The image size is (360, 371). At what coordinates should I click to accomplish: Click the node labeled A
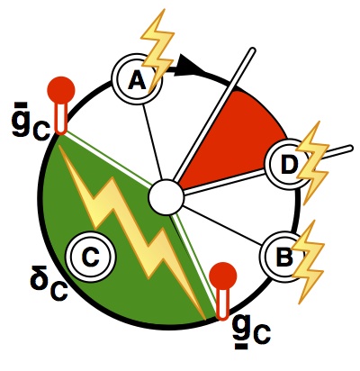(x=137, y=79)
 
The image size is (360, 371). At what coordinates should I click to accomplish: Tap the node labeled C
(x=93, y=256)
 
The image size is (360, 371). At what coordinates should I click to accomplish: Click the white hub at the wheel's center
(x=166, y=197)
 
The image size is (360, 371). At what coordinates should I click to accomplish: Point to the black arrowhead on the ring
(x=192, y=66)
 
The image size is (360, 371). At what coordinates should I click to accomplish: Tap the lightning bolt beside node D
(x=313, y=163)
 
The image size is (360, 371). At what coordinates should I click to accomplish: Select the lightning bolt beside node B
(x=309, y=262)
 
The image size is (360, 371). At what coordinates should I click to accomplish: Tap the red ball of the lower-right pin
(x=223, y=276)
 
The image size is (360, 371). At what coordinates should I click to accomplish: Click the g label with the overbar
(x=31, y=121)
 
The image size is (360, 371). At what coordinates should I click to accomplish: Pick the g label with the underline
(x=252, y=331)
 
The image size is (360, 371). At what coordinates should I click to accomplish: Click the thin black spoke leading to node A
(x=152, y=141)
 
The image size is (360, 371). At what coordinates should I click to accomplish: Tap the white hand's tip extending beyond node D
(x=349, y=148)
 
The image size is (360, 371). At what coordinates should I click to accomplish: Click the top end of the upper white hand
(x=252, y=50)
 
